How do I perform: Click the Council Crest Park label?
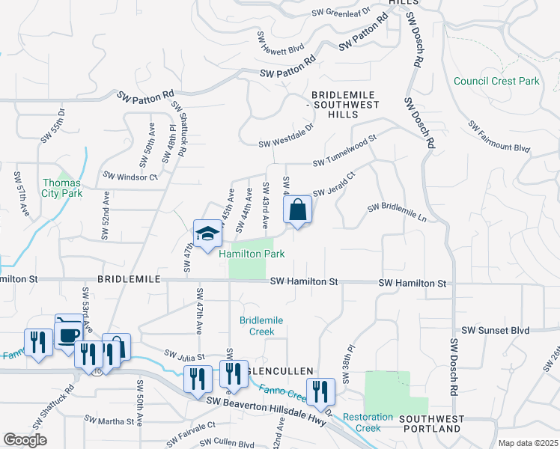[x=496, y=81]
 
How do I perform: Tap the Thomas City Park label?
[x=61, y=188]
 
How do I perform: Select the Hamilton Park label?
[x=252, y=254]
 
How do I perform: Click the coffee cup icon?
[x=69, y=332]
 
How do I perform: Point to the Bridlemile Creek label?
[x=261, y=326]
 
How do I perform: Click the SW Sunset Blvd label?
[x=495, y=330]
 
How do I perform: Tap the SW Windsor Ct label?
[x=131, y=177]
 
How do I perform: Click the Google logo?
[x=25, y=440]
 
